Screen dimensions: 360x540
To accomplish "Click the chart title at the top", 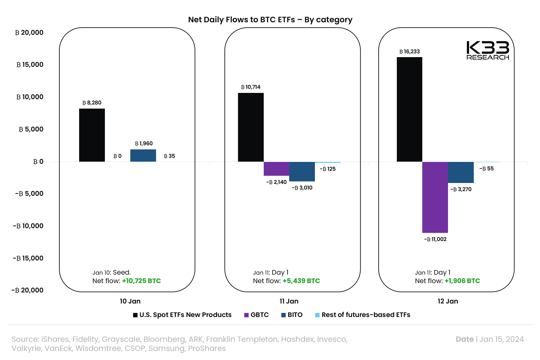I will click(x=270, y=20).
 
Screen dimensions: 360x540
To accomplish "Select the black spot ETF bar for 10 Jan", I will click(x=92, y=135).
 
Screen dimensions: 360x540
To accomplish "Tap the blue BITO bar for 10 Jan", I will click(x=143, y=156).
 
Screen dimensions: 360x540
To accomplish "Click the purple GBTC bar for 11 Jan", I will click(x=276, y=169).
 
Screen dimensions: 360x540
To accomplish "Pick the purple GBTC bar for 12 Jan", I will click(x=435, y=197).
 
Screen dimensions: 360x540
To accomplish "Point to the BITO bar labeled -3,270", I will click(x=461, y=172).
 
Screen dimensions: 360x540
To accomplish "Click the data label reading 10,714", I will click(x=251, y=87).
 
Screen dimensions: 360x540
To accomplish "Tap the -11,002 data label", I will click(x=435, y=239).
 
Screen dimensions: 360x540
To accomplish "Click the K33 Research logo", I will click(x=488, y=50).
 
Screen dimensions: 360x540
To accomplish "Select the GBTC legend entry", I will click(x=256, y=315).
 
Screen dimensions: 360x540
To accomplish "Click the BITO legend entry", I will click(x=292, y=315).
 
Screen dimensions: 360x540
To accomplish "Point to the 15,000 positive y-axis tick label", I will click(x=30, y=65).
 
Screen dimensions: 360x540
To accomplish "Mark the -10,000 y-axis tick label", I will click(x=28, y=226).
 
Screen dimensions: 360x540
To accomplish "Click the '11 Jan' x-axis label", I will click(x=289, y=301).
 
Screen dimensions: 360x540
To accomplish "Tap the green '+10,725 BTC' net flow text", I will click(x=141, y=281).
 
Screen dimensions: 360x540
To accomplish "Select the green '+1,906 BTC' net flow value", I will click(x=462, y=281).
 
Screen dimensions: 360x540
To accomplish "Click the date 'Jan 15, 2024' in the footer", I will click(x=501, y=339).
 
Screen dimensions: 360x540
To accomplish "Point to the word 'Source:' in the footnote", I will click(x=25, y=339).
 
